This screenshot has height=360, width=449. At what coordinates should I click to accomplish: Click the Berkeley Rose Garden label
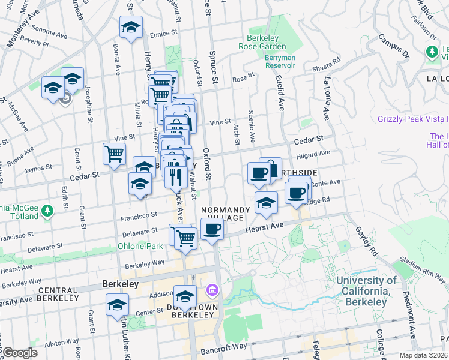(262, 41)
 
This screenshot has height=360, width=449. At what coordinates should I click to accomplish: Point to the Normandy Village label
(226, 213)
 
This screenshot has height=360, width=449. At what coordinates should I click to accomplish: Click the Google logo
(19, 353)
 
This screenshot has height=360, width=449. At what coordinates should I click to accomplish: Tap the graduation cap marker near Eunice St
(131, 28)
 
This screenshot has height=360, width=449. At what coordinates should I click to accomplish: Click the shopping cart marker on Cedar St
(113, 154)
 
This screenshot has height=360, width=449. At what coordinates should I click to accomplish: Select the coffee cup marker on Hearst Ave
(211, 229)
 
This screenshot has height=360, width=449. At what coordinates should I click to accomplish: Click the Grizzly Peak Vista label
(412, 119)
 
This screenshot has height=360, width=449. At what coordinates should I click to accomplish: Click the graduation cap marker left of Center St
(117, 304)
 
